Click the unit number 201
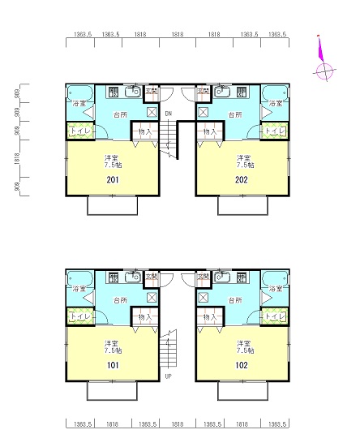[114, 180]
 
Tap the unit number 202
[242, 180]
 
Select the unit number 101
[114, 366]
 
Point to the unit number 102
[242, 366]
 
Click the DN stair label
[169, 114]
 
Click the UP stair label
[169, 376]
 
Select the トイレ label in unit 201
[79, 131]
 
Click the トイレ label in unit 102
[276, 316]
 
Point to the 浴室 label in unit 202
[276, 104]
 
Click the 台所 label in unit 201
[120, 115]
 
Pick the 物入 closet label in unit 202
[209, 131]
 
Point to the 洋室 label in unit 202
[242, 157]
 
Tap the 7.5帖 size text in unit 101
[114, 351]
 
